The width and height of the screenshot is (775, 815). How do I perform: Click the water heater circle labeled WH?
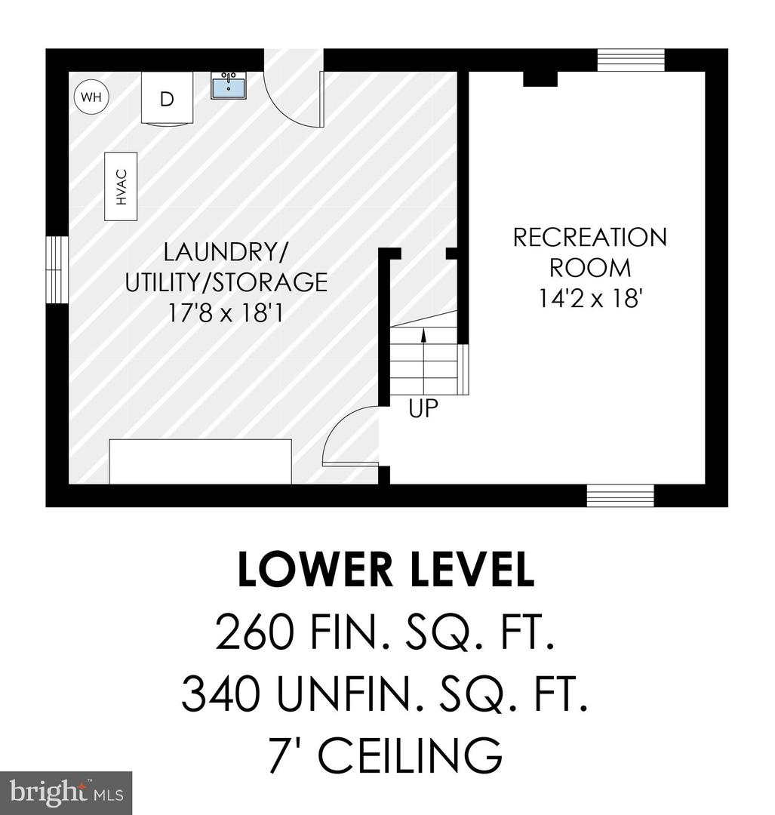pyautogui.click(x=91, y=97)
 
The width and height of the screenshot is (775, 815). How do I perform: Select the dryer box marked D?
pyautogui.click(x=167, y=98)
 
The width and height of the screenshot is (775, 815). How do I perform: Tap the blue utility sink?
pyautogui.click(x=229, y=85)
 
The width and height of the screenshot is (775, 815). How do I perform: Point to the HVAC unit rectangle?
pyautogui.click(x=121, y=186)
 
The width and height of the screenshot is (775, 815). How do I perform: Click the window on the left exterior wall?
pyautogui.click(x=57, y=269)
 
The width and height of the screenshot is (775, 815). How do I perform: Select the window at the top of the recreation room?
pyautogui.click(x=631, y=60)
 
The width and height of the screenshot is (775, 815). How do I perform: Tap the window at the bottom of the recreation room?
pyautogui.click(x=620, y=495)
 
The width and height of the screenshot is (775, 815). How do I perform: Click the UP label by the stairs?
pyautogui.click(x=423, y=408)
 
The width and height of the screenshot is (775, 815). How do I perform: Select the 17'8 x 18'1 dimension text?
pyautogui.click(x=226, y=313)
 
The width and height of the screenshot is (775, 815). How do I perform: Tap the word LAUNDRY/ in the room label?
pyautogui.click(x=225, y=252)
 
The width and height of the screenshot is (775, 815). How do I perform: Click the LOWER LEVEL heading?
pyautogui.click(x=386, y=570)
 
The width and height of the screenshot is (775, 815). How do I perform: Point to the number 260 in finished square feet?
pyautogui.click(x=255, y=632)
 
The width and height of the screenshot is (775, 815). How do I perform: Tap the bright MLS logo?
pyautogui.click(x=66, y=793)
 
